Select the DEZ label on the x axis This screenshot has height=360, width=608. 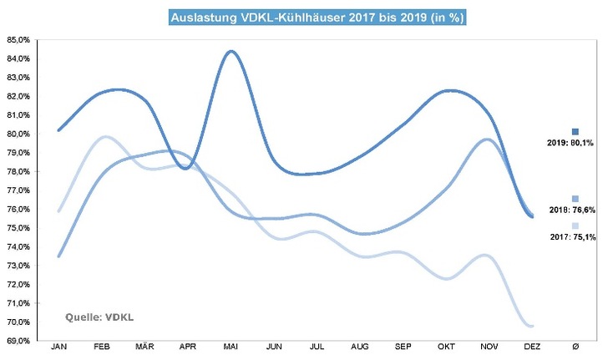pos(531,345)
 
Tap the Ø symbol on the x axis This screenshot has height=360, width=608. pos(575,345)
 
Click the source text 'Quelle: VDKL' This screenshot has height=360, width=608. pos(99,317)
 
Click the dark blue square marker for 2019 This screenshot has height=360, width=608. pos(575,132)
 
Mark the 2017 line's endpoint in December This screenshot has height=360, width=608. pos(531,326)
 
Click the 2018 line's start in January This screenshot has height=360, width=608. pos(58,256)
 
